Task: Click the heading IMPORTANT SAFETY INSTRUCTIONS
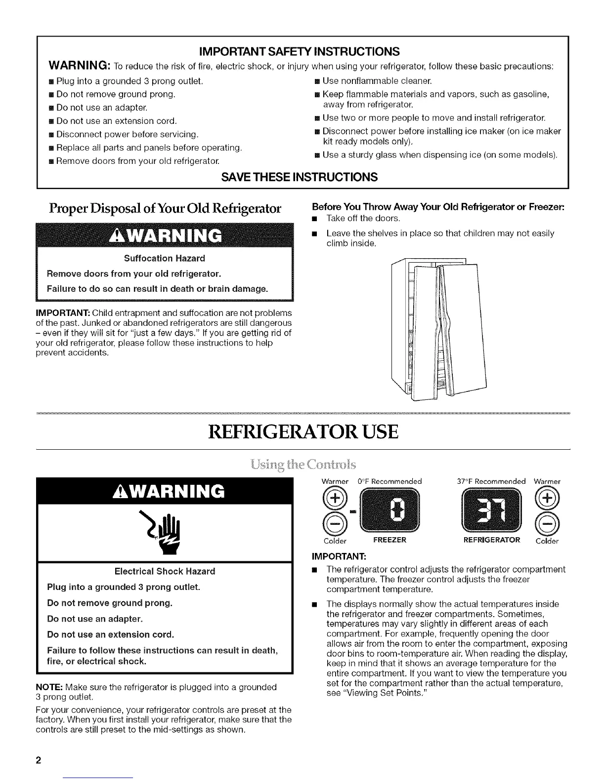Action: pyautogui.click(x=302, y=51)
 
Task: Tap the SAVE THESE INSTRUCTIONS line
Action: pyautogui.click(x=302, y=176)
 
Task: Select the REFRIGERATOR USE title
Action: pyautogui.click(x=302, y=431)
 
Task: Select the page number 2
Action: pyautogui.click(x=38, y=760)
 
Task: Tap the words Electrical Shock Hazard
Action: pyautogui.click(x=165, y=571)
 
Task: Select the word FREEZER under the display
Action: pyautogui.click(x=389, y=540)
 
